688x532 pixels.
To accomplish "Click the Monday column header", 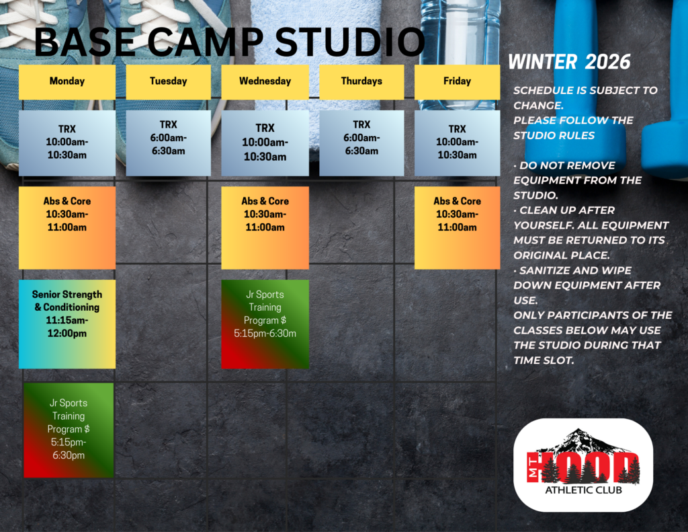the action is click(67, 81).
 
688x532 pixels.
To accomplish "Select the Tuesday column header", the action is click(169, 81).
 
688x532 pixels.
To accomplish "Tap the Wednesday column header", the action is click(265, 81).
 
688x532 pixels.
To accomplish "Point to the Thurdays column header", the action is click(361, 81).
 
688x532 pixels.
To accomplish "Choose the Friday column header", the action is click(457, 81).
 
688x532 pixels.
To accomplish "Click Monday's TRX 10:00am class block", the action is click(67, 143).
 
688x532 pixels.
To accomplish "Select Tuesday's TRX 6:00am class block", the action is click(169, 143).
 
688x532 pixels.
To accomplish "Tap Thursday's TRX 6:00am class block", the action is click(361, 143).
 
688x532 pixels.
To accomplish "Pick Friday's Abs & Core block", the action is click(457, 227).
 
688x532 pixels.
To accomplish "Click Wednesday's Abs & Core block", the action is click(265, 227).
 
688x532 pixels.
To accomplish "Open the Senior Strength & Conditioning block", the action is click(67, 324).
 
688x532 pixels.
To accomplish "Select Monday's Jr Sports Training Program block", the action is click(69, 430).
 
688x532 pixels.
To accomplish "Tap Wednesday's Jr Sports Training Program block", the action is click(265, 324).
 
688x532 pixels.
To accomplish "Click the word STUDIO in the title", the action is click(349, 42).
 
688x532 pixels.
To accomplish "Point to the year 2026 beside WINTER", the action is click(607, 62).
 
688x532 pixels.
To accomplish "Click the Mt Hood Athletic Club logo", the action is click(583, 465).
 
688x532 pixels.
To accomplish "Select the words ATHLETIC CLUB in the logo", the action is click(583, 490).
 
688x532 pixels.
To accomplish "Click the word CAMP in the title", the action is click(205, 42).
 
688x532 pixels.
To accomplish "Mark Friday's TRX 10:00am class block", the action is click(457, 143).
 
